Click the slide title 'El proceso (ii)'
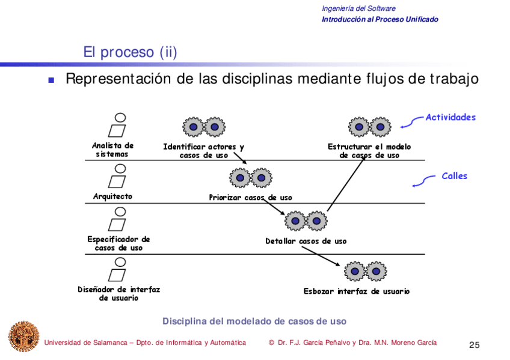tap(130, 52)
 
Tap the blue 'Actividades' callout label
tap(450, 117)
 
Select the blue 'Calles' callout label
tap(454, 176)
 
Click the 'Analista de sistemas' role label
tap(112, 150)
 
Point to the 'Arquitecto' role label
tap(112, 197)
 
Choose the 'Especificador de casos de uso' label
tap(118, 243)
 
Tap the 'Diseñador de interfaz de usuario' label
tap(119, 293)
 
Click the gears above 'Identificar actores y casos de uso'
tap(204, 127)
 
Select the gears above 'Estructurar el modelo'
tap(369, 127)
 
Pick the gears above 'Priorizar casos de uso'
tap(250, 178)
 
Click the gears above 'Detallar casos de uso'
tap(306, 221)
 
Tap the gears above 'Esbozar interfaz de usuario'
tap(366, 272)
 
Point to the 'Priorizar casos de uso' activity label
tap(250, 197)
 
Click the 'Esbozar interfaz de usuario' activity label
tap(356, 291)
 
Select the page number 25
tap(474, 345)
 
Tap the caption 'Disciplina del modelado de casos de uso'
tap(254, 322)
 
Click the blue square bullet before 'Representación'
tap(52, 80)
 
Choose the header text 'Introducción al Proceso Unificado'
tap(379, 19)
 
